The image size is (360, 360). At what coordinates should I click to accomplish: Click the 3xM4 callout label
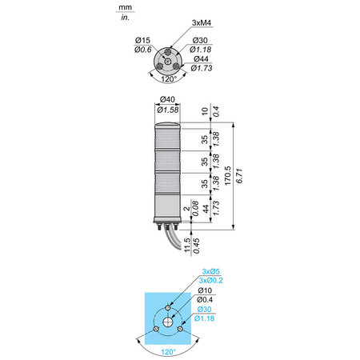(x=202, y=23)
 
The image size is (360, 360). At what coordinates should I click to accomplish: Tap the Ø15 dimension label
(x=142, y=40)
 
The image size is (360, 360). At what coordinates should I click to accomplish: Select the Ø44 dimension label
(x=201, y=58)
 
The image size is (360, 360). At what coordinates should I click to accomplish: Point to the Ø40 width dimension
(x=167, y=99)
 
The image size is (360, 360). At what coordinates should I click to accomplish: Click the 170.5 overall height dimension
(x=227, y=176)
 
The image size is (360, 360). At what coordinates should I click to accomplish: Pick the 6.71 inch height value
(x=239, y=176)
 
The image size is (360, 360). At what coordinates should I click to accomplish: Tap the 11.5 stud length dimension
(x=187, y=245)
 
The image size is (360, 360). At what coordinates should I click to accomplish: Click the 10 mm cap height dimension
(x=205, y=111)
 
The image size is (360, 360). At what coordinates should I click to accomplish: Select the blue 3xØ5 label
(x=210, y=271)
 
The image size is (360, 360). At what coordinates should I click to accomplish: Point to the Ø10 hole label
(x=205, y=290)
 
